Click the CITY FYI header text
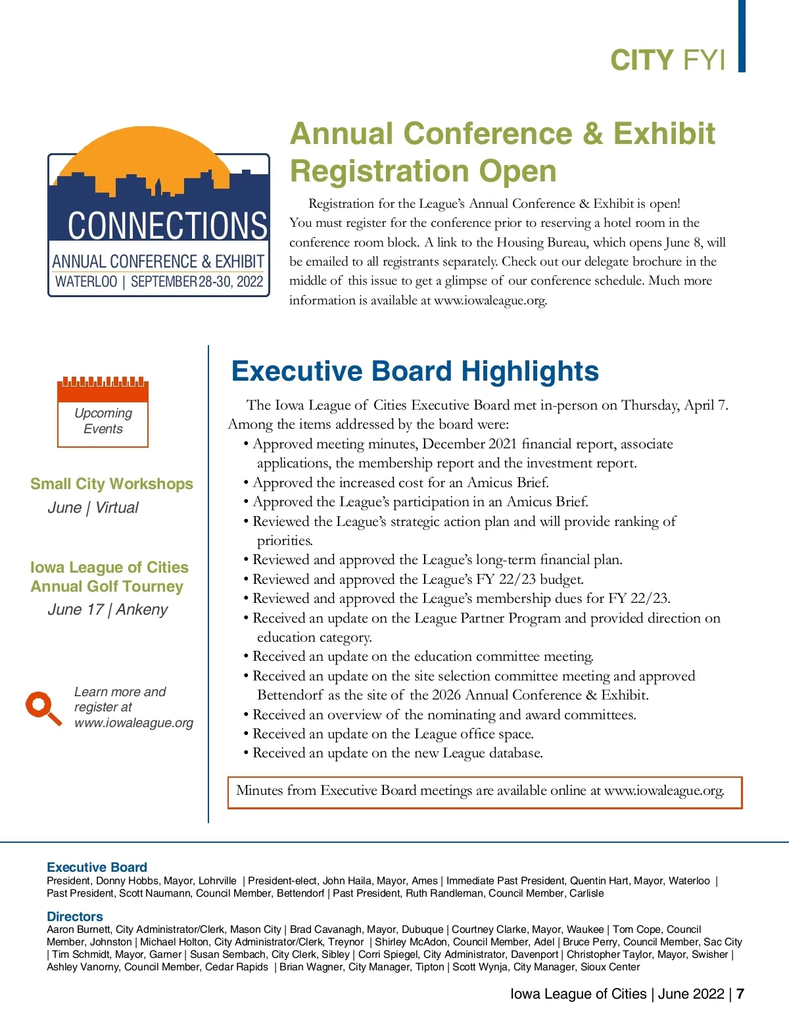667,60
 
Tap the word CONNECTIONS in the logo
167,226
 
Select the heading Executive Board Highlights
415,371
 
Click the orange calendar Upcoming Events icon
103,412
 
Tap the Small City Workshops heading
112,484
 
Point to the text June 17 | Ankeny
108,609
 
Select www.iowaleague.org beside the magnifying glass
133,723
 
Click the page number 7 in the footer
740,993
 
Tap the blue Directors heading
75,916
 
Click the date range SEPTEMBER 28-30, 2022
197,282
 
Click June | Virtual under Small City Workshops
93,508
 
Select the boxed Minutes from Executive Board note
485,792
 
